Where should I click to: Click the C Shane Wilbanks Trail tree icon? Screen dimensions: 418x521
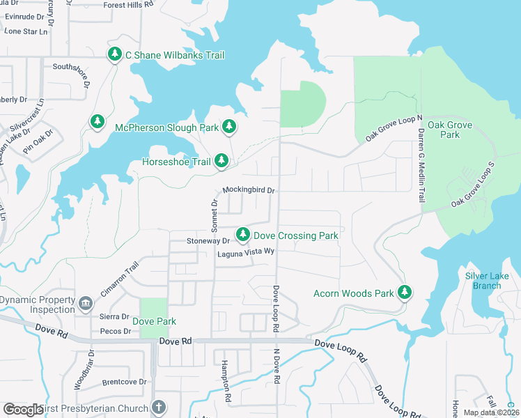coord(115,54)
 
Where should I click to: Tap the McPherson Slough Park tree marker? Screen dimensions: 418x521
coord(229,127)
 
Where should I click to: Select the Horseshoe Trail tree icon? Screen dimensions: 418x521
coord(221,161)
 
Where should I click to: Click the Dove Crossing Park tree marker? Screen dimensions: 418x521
coord(242,235)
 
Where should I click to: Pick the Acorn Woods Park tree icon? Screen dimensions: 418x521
coord(405,293)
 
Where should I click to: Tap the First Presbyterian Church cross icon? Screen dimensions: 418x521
coord(159,408)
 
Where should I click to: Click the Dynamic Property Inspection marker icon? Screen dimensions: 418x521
coord(85,304)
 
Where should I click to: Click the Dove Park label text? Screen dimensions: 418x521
coord(154,321)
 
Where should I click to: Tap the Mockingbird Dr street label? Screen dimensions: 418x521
coord(249,190)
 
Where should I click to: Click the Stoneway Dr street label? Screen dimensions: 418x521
coord(208,240)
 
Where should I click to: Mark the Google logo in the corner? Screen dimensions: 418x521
coord(23,409)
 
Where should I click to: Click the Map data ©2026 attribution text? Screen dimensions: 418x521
coord(490,412)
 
